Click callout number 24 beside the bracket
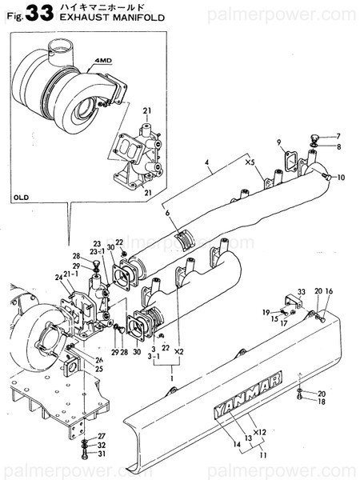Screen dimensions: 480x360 pyautogui.click(x=59, y=278)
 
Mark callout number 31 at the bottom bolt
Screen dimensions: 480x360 pyautogui.click(x=102, y=454)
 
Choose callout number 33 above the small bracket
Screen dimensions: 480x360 pyautogui.click(x=302, y=291)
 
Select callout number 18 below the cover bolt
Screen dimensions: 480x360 pyautogui.click(x=322, y=403)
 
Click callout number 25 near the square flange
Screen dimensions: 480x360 pyautogui.click(x=99, y=369)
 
